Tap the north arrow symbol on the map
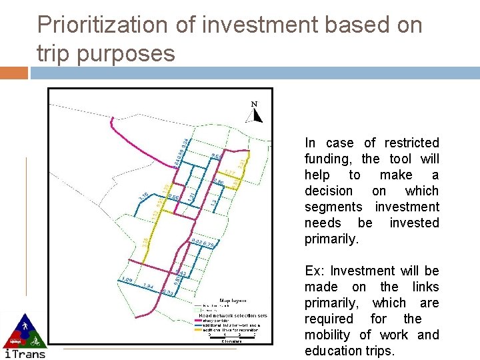coord(256,115)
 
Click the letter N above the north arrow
coord(254,103)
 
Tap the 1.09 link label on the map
coord(125,279)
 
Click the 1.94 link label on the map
coord(148,286)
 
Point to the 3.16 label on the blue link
coord(143,196)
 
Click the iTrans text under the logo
coord(25,353)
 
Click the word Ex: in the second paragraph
coord(314,271)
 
